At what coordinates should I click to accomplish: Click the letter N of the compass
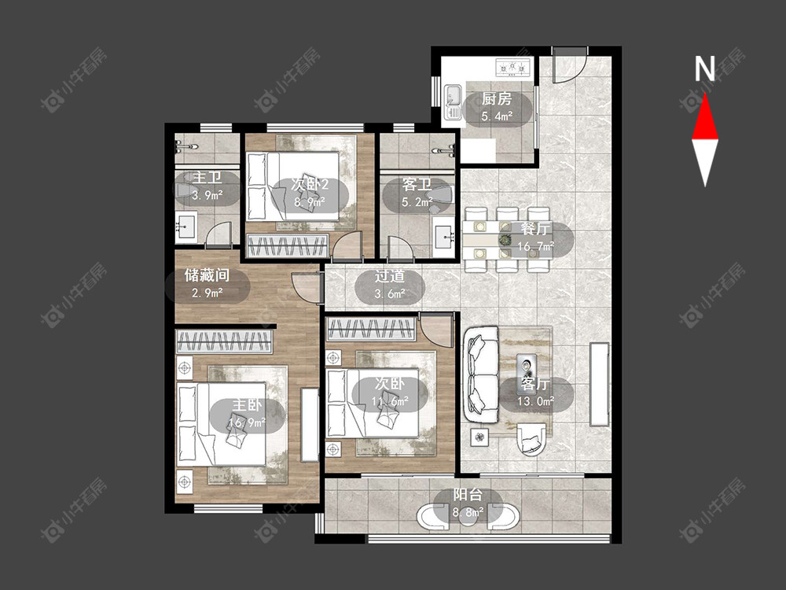704,69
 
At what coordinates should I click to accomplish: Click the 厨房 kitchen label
497,99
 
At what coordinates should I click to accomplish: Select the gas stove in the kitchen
512,68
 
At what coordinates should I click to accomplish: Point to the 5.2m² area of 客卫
417,202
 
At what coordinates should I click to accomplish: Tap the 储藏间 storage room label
207,275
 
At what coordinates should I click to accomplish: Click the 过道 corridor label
390,276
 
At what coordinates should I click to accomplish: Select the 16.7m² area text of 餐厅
536,246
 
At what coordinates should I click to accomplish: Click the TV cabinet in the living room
599,385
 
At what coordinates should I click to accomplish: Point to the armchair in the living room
531,439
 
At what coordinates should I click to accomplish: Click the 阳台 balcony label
468,495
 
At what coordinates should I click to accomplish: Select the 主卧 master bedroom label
247,405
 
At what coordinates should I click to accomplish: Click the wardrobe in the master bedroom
223,341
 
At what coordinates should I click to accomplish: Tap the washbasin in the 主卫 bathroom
186,227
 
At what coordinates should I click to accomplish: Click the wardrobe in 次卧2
288,245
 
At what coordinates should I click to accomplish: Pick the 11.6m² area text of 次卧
390,401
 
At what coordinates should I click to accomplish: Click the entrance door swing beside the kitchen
570,65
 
